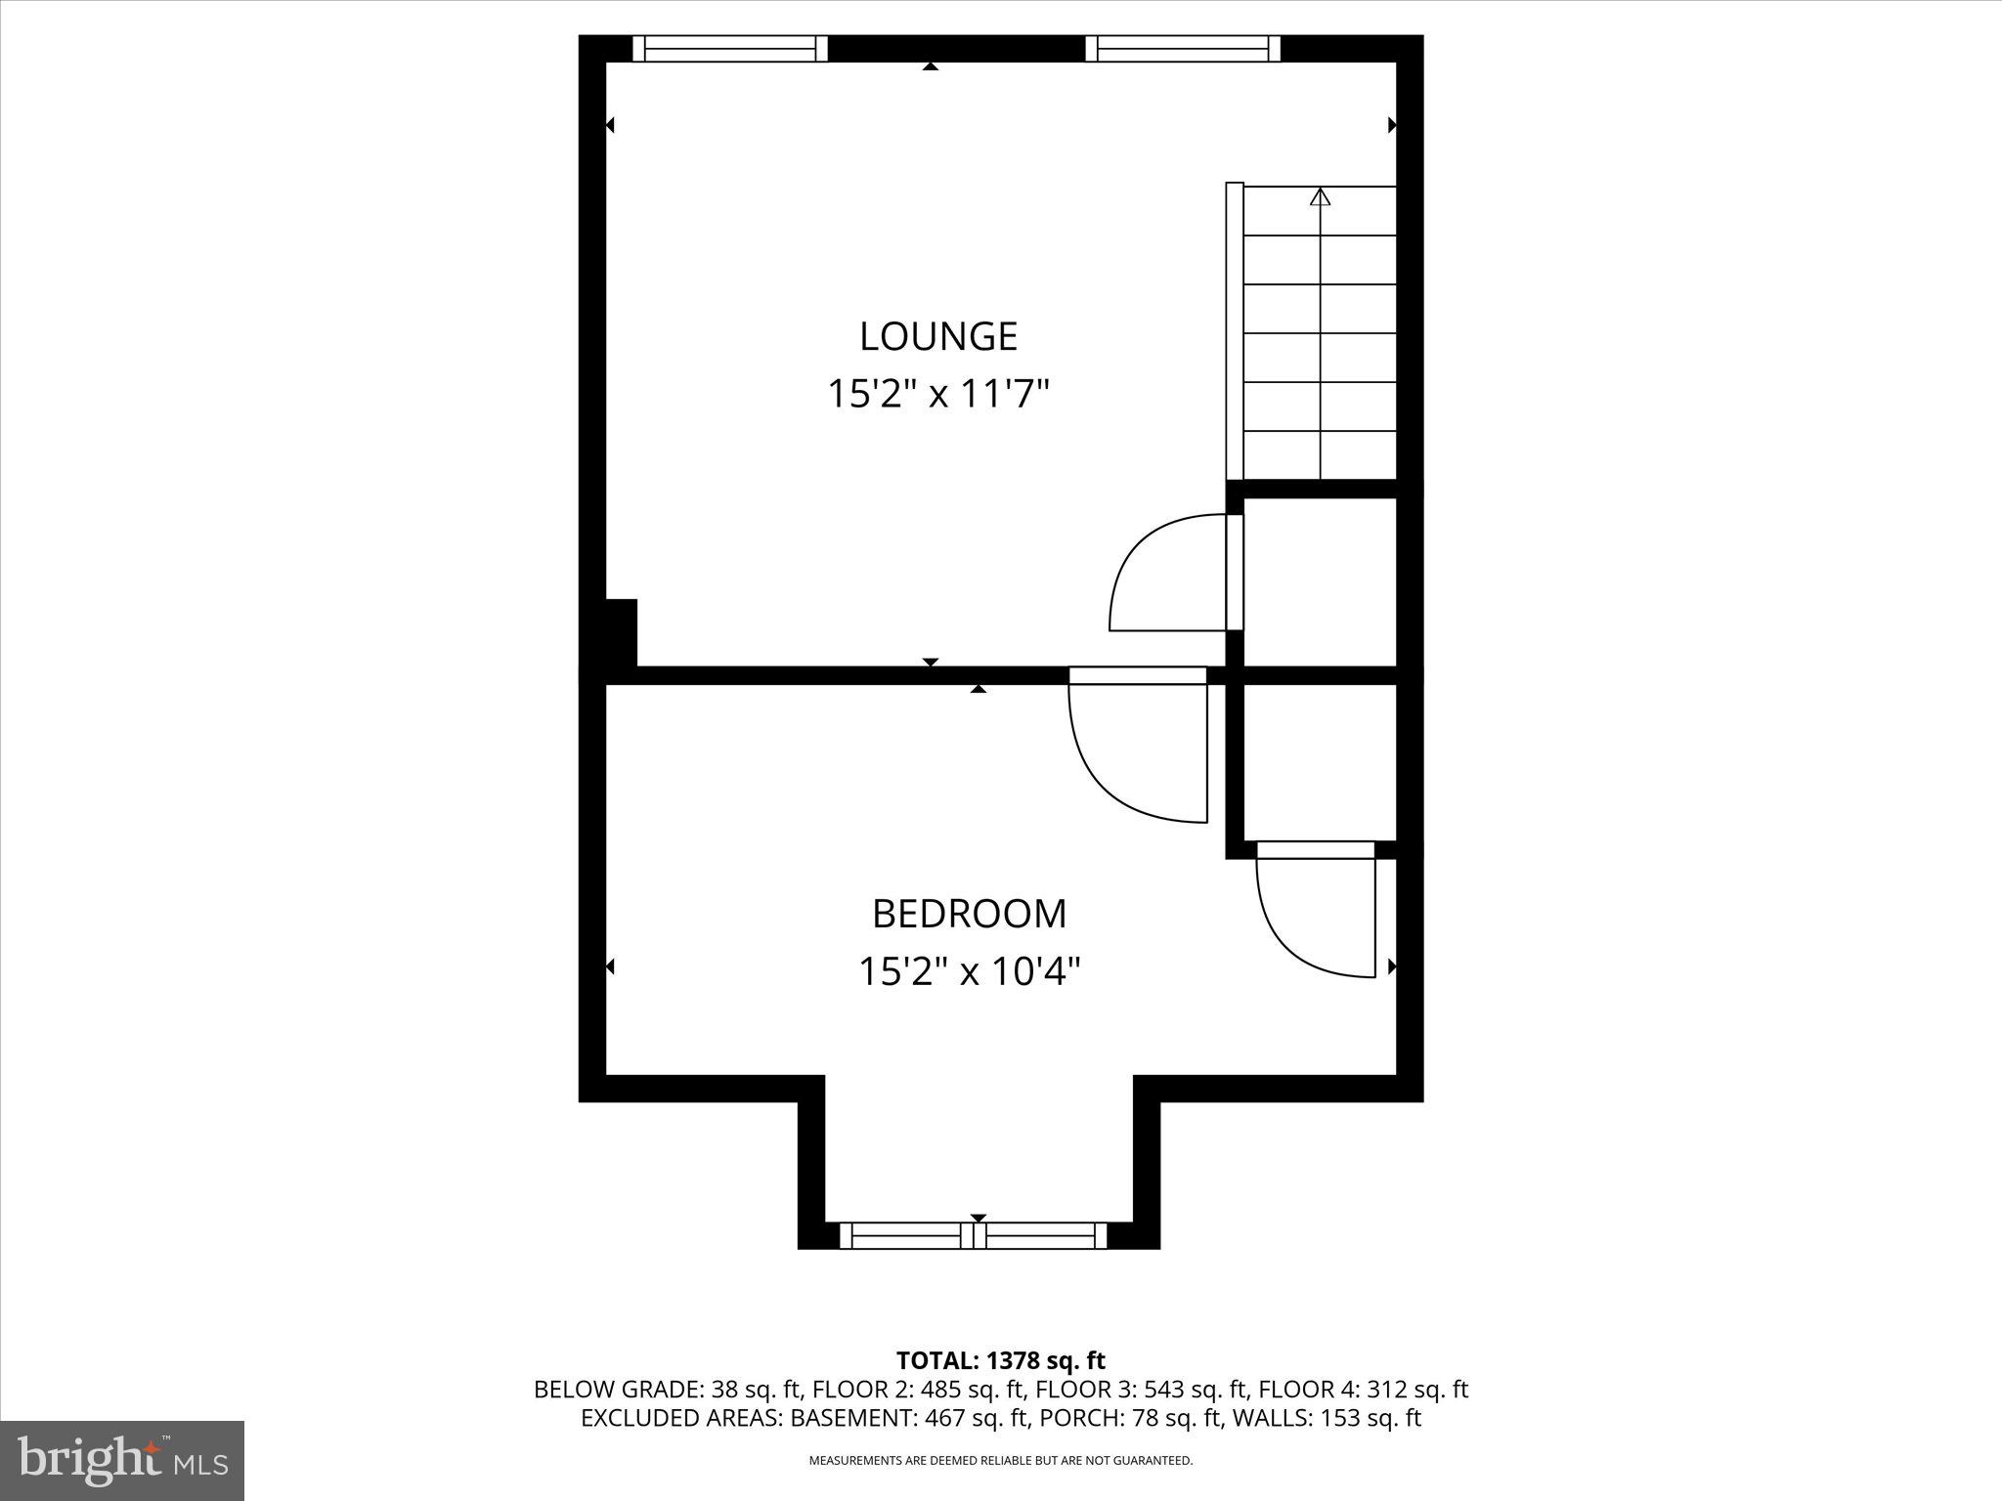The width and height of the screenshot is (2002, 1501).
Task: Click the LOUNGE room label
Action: [x=938, y=336]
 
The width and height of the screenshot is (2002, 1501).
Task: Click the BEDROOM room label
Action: [x=969, y=914]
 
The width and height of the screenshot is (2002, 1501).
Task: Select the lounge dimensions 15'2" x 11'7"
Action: [x=938, y=395]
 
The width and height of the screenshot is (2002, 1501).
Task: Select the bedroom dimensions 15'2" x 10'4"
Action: [x=969, y=972]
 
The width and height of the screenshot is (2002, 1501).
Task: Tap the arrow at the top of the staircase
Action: [x=1321, y=198]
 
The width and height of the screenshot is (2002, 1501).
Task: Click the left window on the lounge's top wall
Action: [x=730, y=49]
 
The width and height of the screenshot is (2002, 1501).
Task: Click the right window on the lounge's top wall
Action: [x=1183, y=49]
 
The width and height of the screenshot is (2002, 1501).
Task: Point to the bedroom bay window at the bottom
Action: [x=974, y=1235]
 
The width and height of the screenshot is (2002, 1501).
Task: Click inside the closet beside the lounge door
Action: [x=1319, y=581]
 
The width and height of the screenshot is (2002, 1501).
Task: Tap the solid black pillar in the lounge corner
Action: [x=620, y=632]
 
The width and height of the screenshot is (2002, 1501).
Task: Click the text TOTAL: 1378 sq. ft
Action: [x=1000, y=1360]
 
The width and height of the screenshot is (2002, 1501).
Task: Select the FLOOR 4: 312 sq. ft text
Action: [x=1363, y=1390]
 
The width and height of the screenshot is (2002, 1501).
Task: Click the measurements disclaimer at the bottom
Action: [x=1000, y=1461]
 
